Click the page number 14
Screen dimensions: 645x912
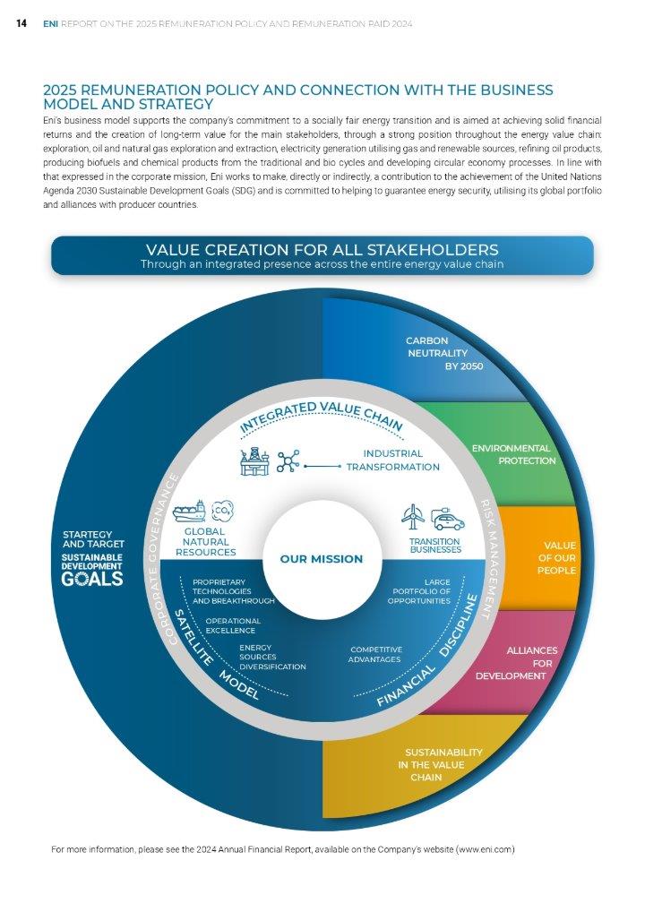click(21, 23)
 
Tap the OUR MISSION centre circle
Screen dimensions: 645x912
click(322, 559)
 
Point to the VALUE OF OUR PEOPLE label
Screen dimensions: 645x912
click(556, 557)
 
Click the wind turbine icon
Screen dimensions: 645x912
click(414, 516)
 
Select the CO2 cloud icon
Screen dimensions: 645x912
click(221, 511)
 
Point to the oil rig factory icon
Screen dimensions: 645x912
click(255, 461)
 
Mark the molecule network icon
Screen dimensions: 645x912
click(288, 461)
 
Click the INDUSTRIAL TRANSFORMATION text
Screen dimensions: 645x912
click(393, 460)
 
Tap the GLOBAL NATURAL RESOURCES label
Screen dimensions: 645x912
click(205, 541)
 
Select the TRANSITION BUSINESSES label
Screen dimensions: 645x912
click(434, 546)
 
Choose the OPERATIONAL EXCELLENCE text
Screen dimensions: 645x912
click(233, 625)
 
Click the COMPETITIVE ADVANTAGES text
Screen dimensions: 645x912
click(376, 654)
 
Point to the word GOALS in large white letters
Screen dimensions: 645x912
click(91, 579)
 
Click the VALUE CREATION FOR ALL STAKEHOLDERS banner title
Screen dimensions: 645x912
click(322, 249)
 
